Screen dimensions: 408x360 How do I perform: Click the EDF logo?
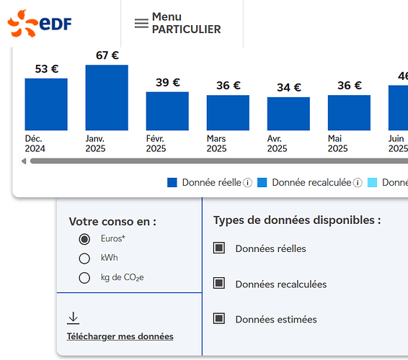point(40,23)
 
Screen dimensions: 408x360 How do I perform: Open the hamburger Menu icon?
point(141,23)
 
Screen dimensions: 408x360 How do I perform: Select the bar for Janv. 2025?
point(107,97)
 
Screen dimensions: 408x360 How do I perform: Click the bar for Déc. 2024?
point(46,104)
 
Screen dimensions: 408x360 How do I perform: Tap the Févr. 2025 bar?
point(167,111)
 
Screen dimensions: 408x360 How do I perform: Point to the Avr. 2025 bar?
point(288,114)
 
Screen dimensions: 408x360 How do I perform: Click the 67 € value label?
point(107,55)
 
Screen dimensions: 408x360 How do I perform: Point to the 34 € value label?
point(289,87)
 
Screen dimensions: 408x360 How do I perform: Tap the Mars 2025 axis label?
point(216,143)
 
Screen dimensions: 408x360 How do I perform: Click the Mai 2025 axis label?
point(337,143)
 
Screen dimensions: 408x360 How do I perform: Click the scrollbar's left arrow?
point(24,161)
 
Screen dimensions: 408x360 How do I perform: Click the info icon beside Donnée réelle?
point(247,183)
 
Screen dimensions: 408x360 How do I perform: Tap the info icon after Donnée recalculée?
point(358,183)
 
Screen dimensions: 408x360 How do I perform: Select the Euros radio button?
point(84,239)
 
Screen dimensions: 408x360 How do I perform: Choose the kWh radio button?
point(84,258)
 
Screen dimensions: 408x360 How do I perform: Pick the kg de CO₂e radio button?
point(84,278)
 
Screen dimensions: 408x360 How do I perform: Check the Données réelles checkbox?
point(219,248)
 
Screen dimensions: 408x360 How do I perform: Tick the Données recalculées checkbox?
point(219,283)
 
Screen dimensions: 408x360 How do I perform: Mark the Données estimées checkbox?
point(219,318)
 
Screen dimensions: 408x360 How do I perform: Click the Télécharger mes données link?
point(120,336)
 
